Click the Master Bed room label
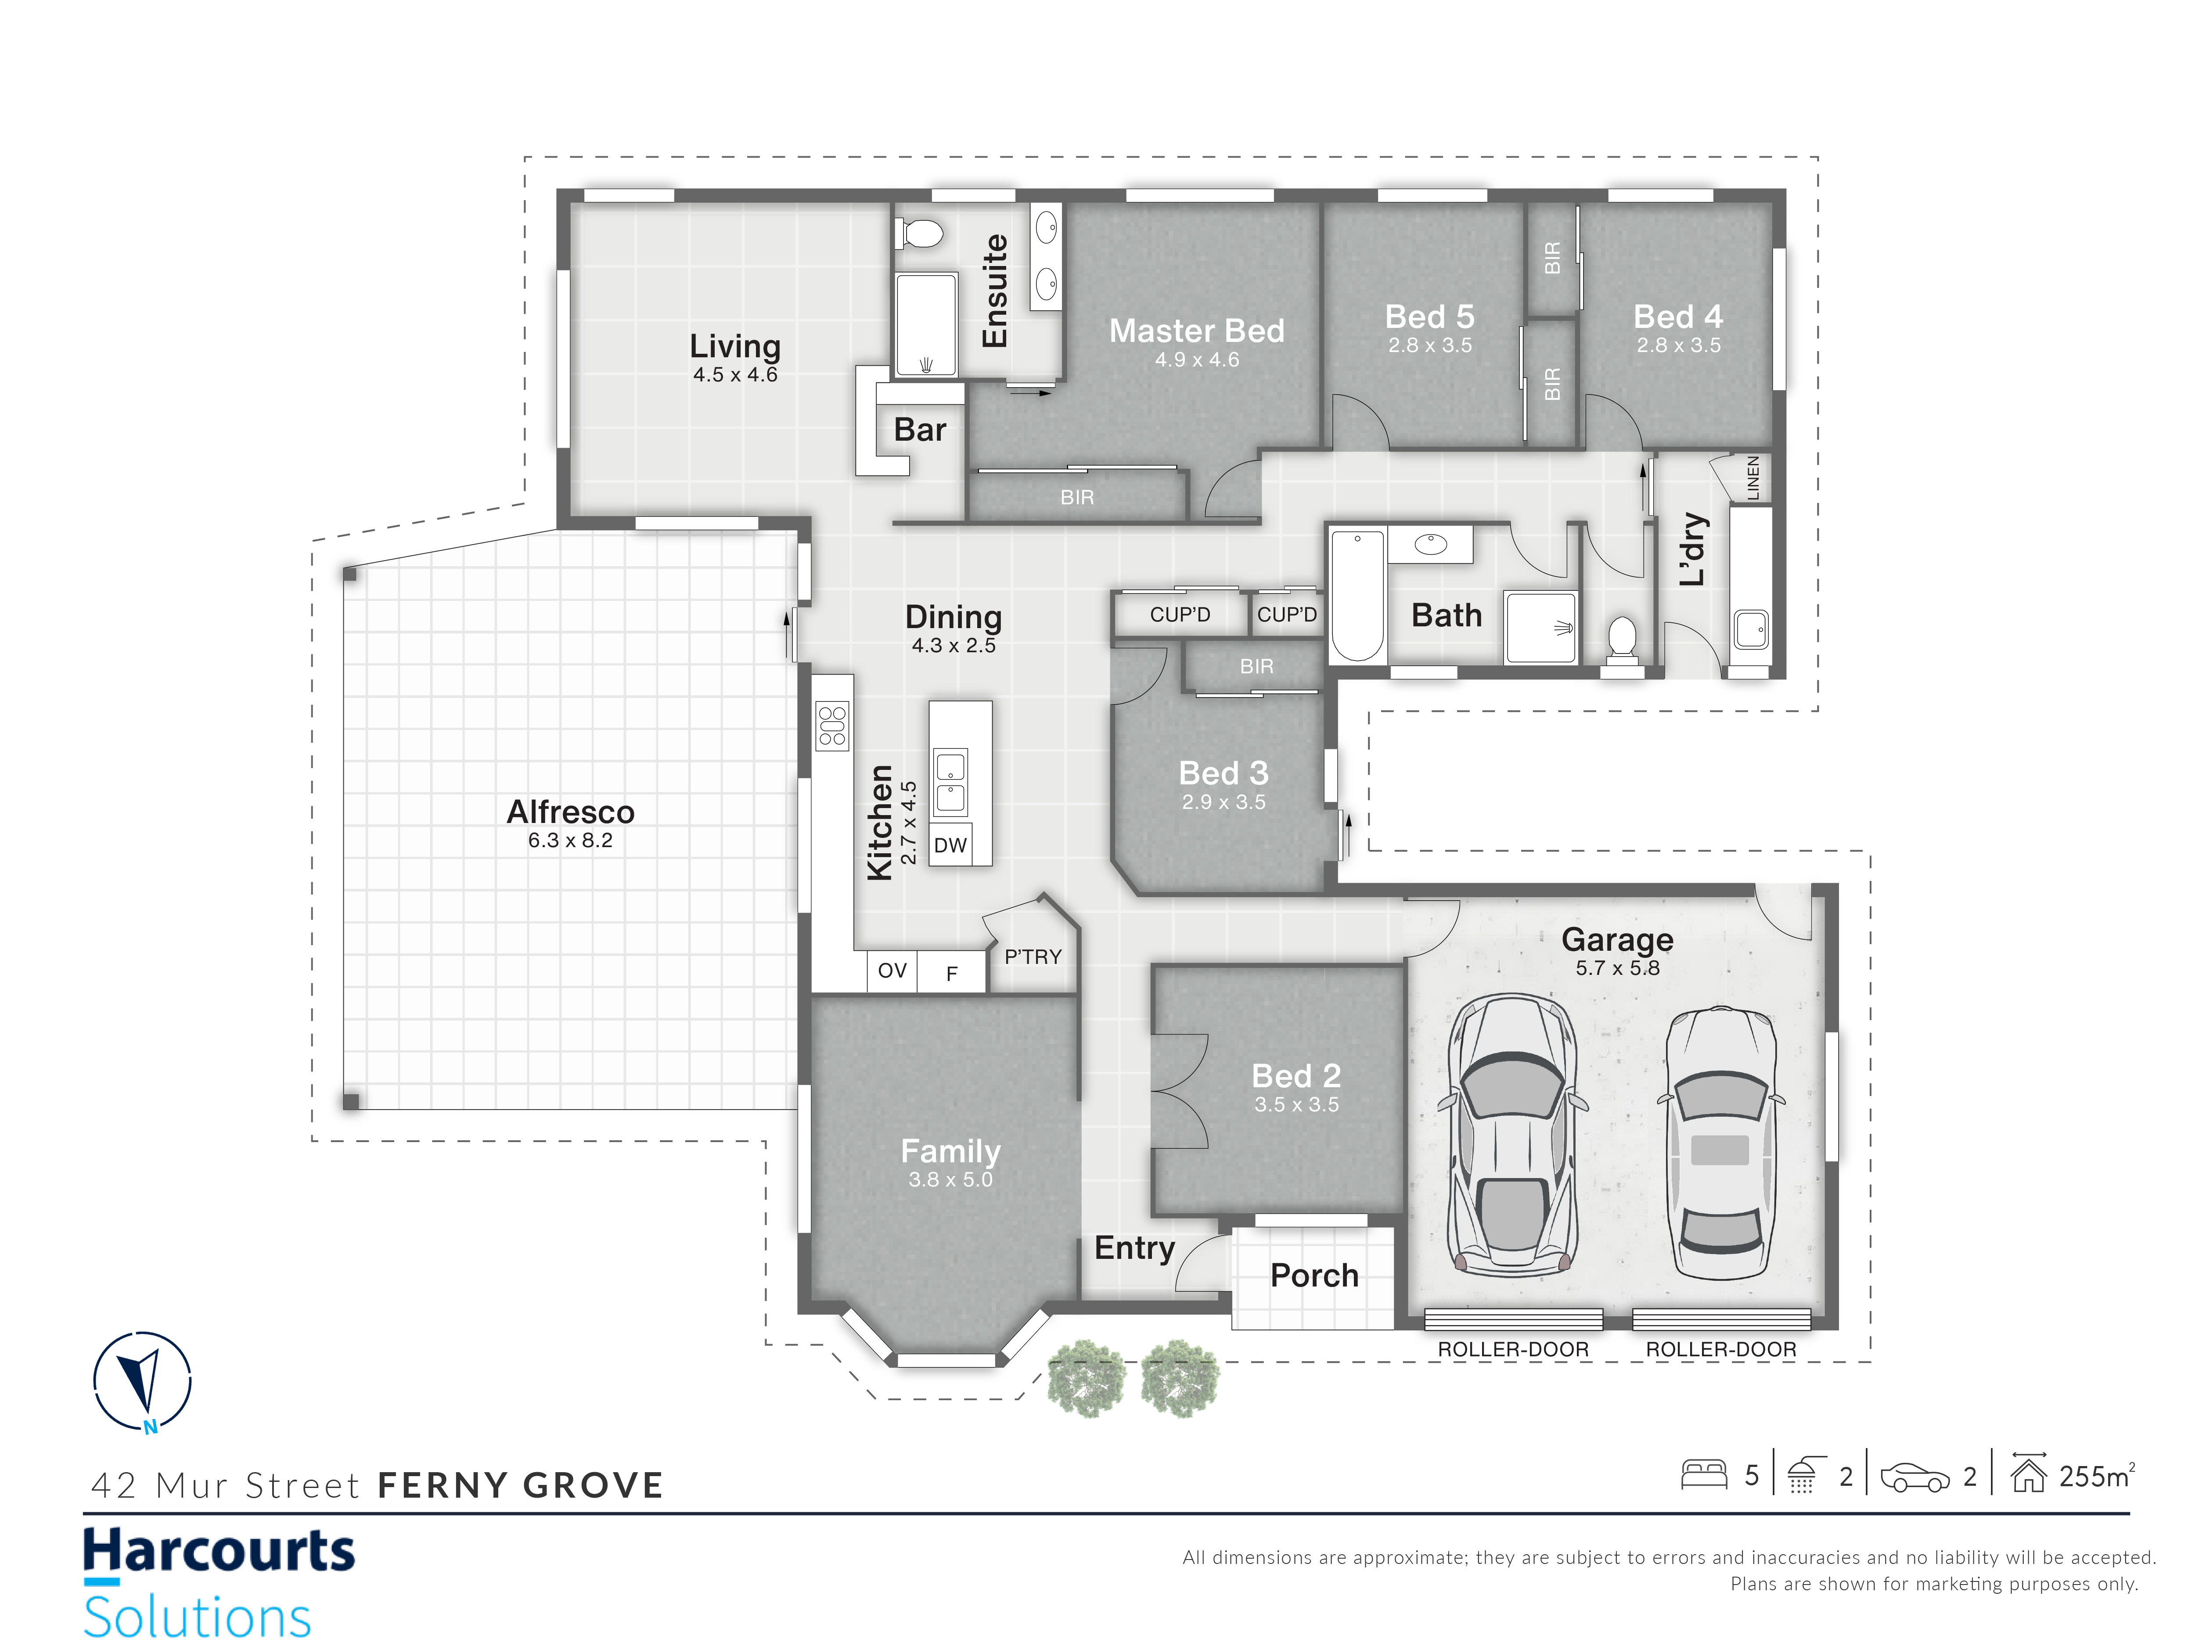pyautogui.click(x=1197, y=331)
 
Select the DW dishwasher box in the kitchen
pyautogui.click(x=950, y=845)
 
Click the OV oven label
pyautogui.click(x=892, y=970)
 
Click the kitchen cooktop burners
pyautogui.click(x=832, y=725)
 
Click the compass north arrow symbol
pyautogui.click(x=142, y=1382)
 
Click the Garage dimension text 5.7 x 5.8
pyautogui.click(x=1617, y=968)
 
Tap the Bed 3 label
pyautogui.click(x=1223, y=773)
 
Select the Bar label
pyautogui.click(x=920, y=430)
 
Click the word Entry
pyautogui.click(x=1134, y=1248)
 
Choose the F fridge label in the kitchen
pyautogui.click(x=952, y=974)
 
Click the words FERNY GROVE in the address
pyautogui.click(x=520, y=1485)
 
